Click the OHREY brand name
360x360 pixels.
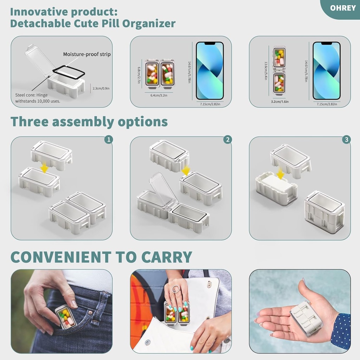(x=343, y=8)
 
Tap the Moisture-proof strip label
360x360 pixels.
(x=87, y=54)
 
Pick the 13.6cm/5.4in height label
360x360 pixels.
(x=266, y=71)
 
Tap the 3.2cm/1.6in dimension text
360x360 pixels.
(x=280, y=102)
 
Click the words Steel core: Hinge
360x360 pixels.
(x=31, y=95)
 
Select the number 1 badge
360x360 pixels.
(x=109, y=140)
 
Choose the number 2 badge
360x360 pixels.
(x=227, y=140)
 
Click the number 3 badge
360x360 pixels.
(x=346, y=140)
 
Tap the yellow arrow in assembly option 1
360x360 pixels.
(x=44, y=168)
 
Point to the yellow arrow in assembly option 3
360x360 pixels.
(x=281, y=173)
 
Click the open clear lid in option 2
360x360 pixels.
(x=163, y=190)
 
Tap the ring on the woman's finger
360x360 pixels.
(x=176, y=289)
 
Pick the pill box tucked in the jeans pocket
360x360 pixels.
(x=65, y=316)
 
